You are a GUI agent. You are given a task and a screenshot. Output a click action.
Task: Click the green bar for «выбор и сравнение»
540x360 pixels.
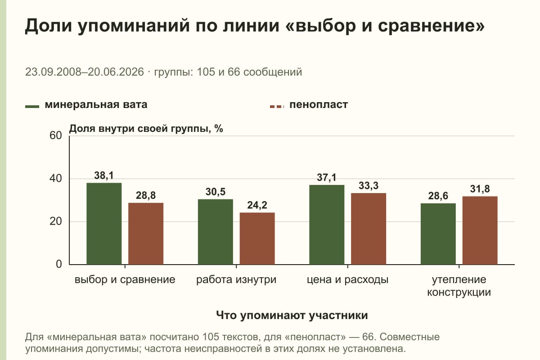click(104, 224)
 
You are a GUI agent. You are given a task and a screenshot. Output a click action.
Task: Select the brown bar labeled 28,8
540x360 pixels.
click(146, 234)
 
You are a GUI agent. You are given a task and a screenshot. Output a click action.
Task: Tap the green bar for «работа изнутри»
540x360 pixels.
click(215, 232)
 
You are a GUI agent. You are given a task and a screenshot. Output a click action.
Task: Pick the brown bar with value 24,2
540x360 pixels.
click(257, 238)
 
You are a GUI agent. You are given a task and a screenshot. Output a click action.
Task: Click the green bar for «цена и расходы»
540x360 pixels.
click(327, 225)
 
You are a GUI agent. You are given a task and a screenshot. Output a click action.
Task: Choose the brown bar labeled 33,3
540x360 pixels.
click(369, 229)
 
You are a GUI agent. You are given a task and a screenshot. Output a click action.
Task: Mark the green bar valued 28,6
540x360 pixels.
click(438, 234)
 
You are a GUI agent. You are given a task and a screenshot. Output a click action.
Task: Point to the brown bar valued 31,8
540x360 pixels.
click(480, 230)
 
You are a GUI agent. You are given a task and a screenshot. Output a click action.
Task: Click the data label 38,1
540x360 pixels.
click(104, 175)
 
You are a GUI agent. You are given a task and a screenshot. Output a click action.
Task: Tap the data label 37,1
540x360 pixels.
click(327, 177)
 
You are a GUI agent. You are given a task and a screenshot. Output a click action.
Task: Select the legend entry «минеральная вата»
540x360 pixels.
click(86, 105)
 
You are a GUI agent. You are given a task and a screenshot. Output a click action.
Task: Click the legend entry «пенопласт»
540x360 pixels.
click(309, 105)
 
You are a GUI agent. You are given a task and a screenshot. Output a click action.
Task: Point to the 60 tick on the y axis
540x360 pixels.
click(56, 135)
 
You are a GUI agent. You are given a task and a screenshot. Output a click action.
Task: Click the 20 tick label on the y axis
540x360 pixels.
click(56, 221)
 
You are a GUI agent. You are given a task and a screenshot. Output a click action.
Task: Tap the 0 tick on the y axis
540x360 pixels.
click(59, 264)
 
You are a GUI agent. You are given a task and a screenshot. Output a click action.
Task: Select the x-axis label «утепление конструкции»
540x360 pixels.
click(459, 286)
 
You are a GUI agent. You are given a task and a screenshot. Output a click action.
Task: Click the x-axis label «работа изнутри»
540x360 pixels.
click(236, 280)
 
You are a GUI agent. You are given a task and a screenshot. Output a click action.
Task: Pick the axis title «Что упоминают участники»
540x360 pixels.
click(292, 315)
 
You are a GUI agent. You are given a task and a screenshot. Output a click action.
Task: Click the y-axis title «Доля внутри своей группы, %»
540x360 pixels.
click(146, 129)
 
